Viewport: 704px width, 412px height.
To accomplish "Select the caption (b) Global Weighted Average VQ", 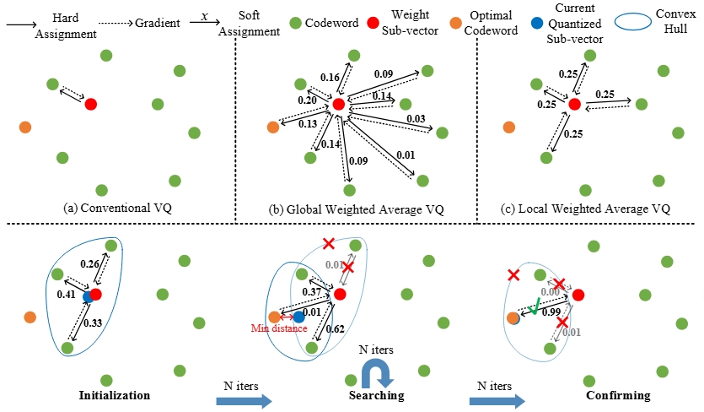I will pyautogui.click(x=357, y=209).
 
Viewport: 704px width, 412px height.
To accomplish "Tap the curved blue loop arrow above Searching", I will pyautogui.click(x=373, y=370).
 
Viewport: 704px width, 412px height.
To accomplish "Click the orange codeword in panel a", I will pyautogui.click(x=25, y=127).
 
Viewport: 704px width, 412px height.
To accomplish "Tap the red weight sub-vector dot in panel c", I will pyautogui.click(x=574, y=104).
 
